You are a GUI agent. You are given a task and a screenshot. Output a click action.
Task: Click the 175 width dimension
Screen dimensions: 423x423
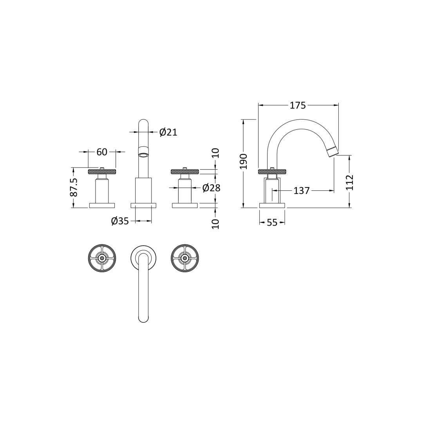[x=298, y=105]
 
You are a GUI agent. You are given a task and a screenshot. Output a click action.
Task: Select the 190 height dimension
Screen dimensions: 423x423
[x=244, y=161]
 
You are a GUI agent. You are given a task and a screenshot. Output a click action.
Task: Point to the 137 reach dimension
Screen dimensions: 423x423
[x=302, y=191]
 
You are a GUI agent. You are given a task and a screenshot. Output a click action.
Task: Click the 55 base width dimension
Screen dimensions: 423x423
[x=272, y=222]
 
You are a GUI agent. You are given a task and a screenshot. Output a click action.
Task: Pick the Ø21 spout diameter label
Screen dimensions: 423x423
[x=168, y=132]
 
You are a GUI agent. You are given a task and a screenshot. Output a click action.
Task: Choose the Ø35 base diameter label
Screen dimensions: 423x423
[x=120, y=221]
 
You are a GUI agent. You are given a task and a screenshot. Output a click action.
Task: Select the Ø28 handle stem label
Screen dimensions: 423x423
[x=211, y=188]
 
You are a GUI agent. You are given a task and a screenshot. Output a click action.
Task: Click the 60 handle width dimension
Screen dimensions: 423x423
[x=102, y=152]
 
